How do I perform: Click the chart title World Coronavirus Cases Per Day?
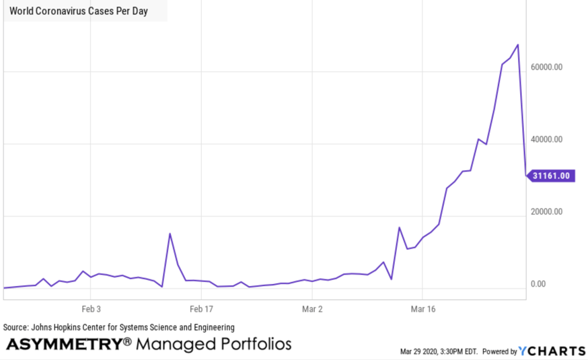[x=79, y=11]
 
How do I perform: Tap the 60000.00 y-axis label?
[x=546, y=67]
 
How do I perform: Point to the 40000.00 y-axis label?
[x=546, y=139]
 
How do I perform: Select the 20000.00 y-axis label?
[x=546, y=211]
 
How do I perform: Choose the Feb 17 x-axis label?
[x=201, y=309]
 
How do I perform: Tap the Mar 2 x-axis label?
[x=311, y=309]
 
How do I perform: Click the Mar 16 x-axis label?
[x=422, y=309]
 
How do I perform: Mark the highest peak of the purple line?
[x=517, y=44]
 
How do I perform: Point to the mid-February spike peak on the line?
[x=170, y=233]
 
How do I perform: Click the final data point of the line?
[x=525, y=176]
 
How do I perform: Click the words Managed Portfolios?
[x=214, y=344]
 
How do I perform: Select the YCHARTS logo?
[x=552, y=351]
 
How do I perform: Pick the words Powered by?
[x=500, y=351]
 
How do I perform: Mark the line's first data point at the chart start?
[x=4, y=288]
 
